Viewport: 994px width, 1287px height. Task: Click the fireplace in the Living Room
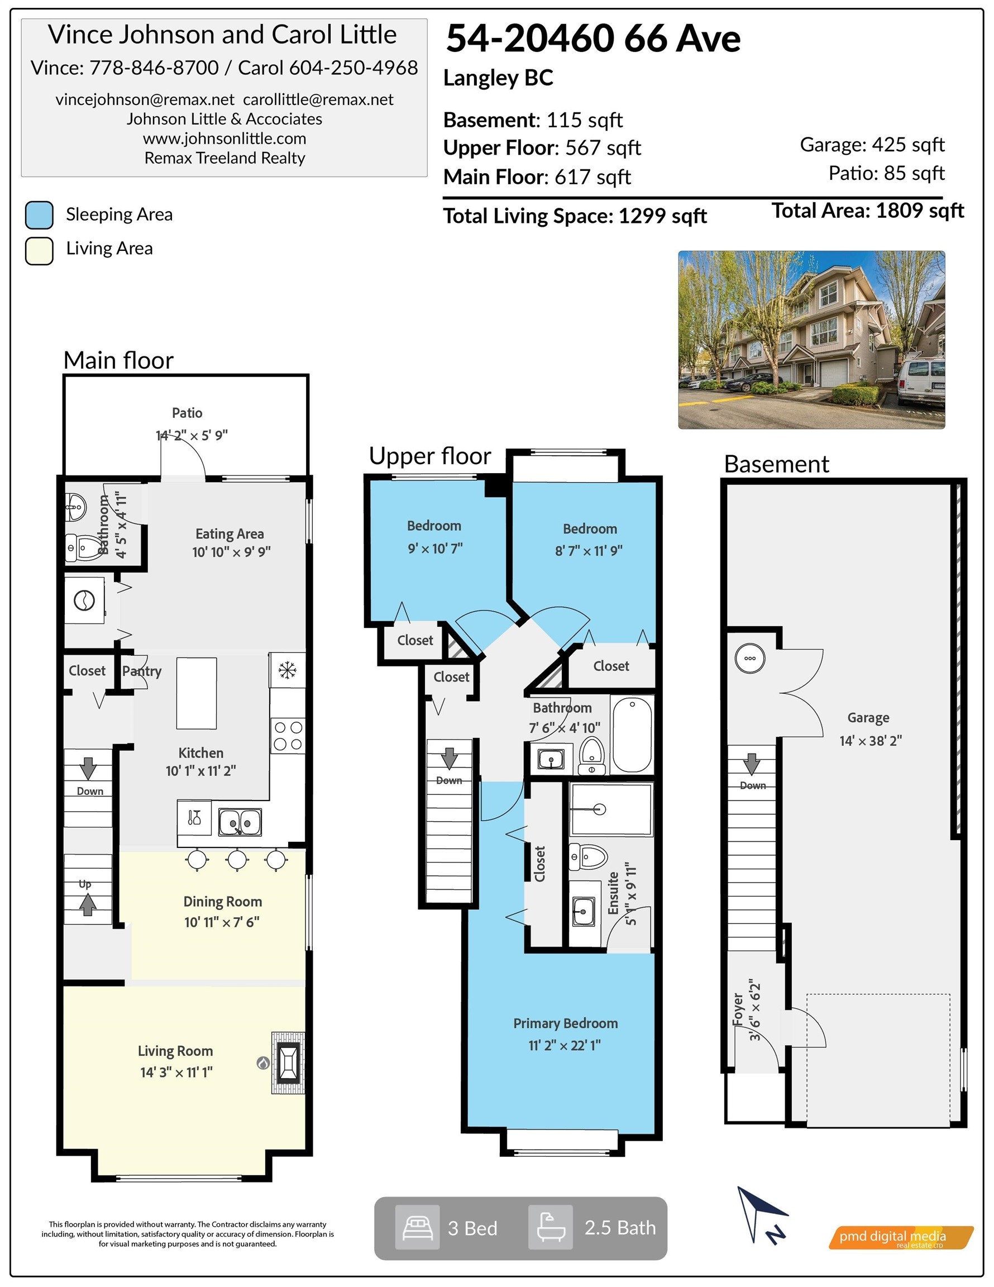(288, 1063)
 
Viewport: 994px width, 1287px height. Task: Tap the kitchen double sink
(240, 822)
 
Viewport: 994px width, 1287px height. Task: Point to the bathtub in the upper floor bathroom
(632, 734)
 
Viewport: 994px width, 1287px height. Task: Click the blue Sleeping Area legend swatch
(40, 215)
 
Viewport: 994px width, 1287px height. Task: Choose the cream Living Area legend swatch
(40, 251)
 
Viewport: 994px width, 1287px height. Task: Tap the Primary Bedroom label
(565, 1023)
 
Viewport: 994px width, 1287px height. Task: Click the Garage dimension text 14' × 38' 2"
(870, 741)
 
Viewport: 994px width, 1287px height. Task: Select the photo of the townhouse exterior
(811, 340)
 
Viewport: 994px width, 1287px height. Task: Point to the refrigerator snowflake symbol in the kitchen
(288, 670)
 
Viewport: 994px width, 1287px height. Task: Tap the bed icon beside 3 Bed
(417, 1227)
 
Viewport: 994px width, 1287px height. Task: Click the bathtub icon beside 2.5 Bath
(550, 1227)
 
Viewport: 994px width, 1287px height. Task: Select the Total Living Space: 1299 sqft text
(575, 216)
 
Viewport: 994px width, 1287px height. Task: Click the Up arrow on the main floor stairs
(88, 904)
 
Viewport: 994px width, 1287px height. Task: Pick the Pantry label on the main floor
(141, 671)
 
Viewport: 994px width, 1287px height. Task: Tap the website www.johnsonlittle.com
(224, 139)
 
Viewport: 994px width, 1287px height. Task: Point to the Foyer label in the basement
(738, 1009)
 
